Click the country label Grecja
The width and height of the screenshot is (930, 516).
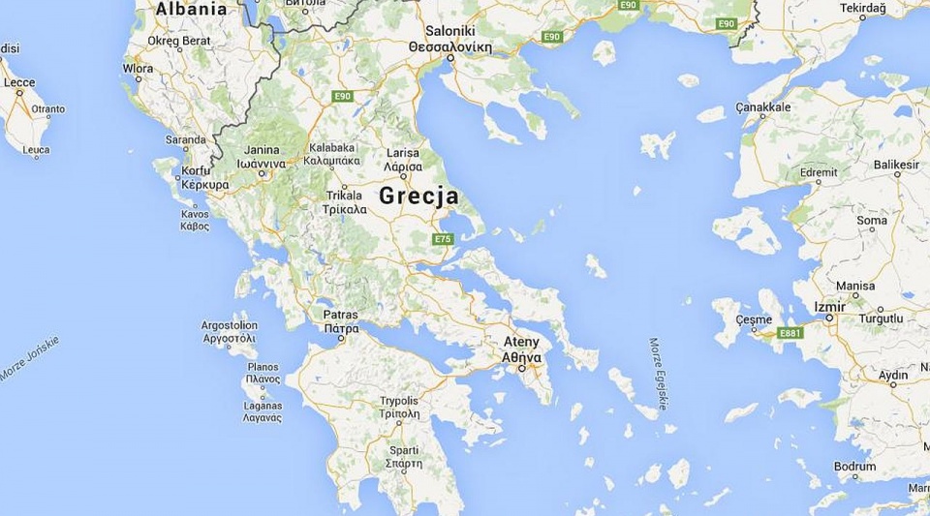[418, 196]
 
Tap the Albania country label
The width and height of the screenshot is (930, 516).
[192, 10]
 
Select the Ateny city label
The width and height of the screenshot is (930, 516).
[521, 342]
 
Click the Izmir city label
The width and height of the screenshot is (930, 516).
[829, 307]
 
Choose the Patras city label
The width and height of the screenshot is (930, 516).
[341, 315]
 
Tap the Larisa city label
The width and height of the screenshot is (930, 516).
[402, 153]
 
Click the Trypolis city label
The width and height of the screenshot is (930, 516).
[399, 400]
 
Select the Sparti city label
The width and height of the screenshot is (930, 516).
[404, 450]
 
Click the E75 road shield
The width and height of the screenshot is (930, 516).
[444, 238]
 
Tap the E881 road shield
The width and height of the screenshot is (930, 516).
[790, 333]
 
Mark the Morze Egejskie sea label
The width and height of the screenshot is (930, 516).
[658, 374]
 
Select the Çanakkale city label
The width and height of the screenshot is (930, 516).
[763, 106]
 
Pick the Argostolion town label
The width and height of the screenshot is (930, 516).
[230, 325]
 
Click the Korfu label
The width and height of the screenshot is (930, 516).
[196, 171]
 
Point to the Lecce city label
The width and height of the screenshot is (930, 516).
[19, 83]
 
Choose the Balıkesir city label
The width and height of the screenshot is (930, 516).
[896, 165]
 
